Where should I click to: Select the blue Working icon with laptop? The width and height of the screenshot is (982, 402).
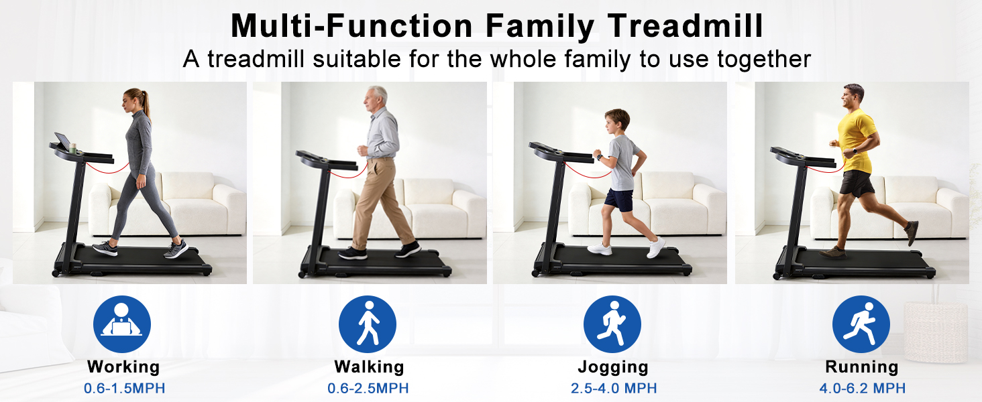122,324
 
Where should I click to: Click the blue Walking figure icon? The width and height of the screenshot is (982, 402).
368,324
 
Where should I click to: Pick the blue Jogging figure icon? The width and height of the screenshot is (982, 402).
612,324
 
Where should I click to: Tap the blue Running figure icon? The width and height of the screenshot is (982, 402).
861,324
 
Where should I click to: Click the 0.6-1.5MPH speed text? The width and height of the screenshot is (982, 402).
125,388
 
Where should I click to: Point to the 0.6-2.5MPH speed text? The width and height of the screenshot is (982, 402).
368,388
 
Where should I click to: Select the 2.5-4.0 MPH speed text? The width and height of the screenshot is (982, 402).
614,388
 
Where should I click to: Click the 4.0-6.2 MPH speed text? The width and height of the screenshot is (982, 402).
863,388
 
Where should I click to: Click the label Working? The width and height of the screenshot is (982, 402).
123,367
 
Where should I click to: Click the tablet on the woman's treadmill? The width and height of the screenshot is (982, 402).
62,141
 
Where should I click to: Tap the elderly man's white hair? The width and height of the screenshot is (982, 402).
378,93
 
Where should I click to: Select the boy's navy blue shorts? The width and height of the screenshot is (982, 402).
619,200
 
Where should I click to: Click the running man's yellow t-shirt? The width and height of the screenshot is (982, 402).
855,140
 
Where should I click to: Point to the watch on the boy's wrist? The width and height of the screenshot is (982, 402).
599,157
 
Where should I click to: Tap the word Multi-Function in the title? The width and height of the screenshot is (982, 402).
351,25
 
